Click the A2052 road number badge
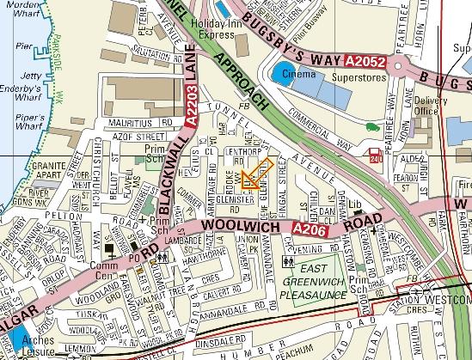pos(365,63)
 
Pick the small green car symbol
pos(371,128)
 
